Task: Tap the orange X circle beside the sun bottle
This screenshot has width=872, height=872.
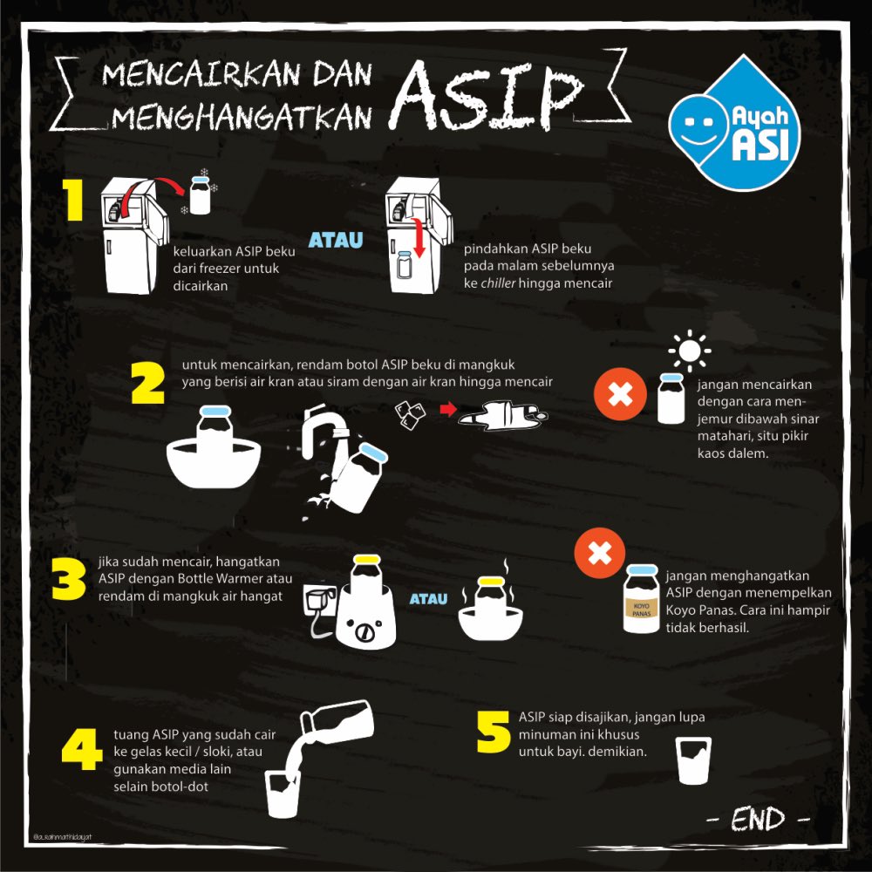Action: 619,395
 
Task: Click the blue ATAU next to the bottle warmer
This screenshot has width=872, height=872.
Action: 428,599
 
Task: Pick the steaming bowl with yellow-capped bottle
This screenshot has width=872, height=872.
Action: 491,610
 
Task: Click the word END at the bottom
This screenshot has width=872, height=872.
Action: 757,820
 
